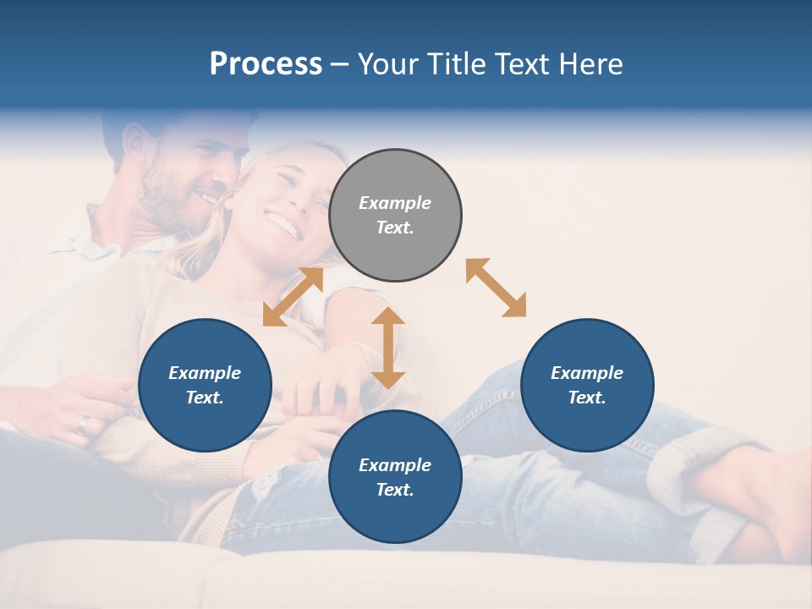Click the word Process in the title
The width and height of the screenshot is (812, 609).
click(266, 64)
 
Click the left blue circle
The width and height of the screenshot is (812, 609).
click(205, 385)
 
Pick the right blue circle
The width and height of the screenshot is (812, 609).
click(587, 385)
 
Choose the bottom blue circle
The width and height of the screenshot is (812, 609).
click(395, 477)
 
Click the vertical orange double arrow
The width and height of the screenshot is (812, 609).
click(388, 348)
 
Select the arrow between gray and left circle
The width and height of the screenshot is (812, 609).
click(293, 297)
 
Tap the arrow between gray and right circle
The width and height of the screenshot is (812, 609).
click(497, 288)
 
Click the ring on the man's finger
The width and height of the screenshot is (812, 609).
click(82, 424)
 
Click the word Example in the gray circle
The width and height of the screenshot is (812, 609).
click(395, 203)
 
